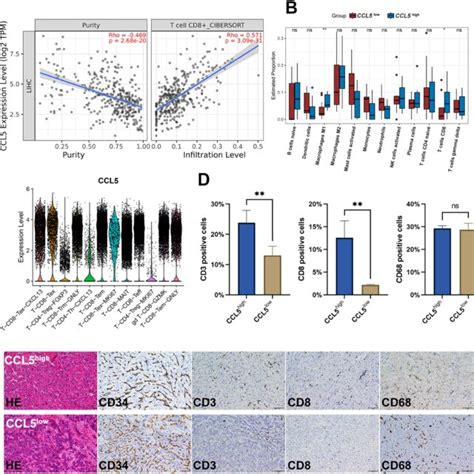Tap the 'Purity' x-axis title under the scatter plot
point(86,157)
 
